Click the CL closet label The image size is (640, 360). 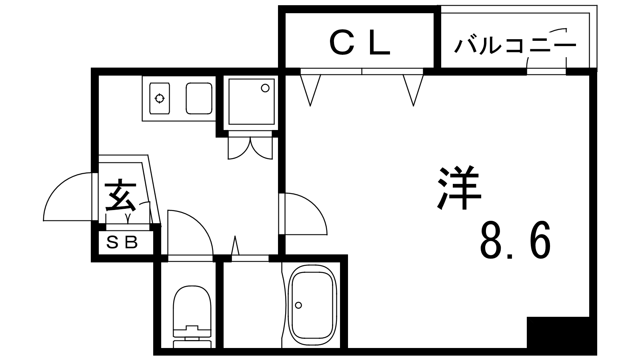coord(360,44)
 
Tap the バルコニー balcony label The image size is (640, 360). coord(515,46)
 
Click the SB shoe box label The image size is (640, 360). coord(122,242)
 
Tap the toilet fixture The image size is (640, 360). coord(192,316)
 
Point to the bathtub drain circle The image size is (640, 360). coord(298,305)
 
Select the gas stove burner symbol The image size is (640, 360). coord(160,98)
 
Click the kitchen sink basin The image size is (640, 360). coord(199,98)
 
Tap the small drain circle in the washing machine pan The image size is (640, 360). coord(265,88)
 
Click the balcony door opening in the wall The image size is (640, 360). coord(546,72)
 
